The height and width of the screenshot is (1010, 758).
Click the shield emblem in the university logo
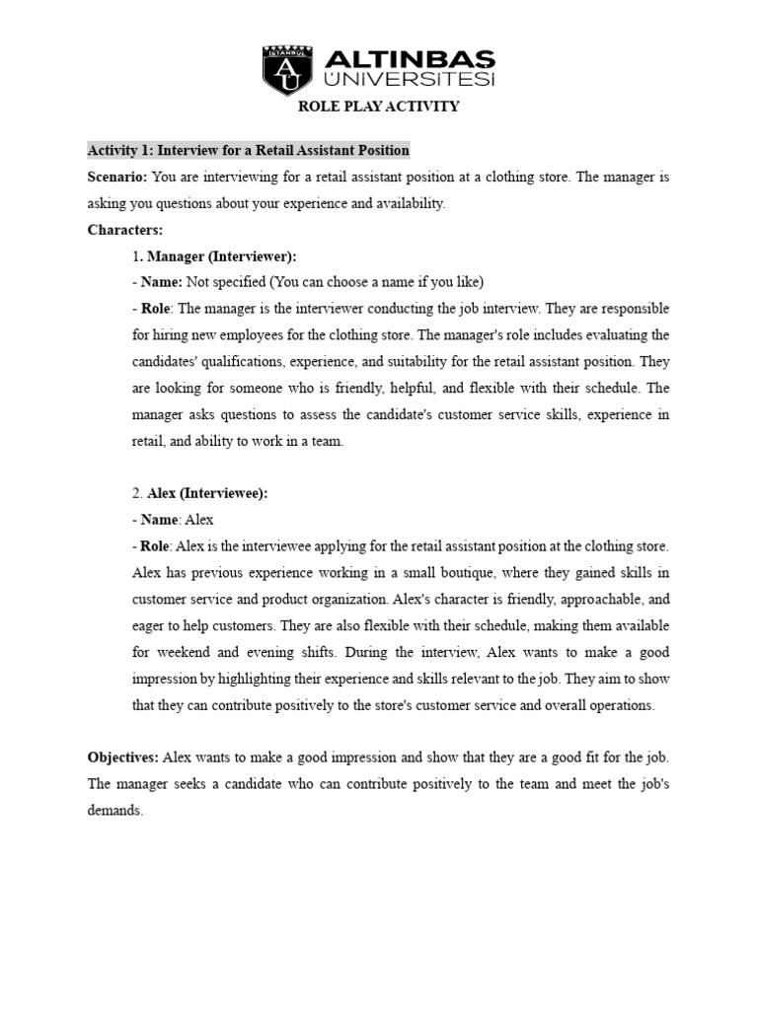click(285, 71)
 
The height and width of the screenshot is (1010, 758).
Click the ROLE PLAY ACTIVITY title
click(379, 107)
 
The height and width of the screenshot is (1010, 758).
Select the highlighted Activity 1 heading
click(248, 151)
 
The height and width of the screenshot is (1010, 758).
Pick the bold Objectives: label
click(123, 757)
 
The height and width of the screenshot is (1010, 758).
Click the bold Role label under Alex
click(154, 545)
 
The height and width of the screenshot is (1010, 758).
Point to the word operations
click(618, 705)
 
